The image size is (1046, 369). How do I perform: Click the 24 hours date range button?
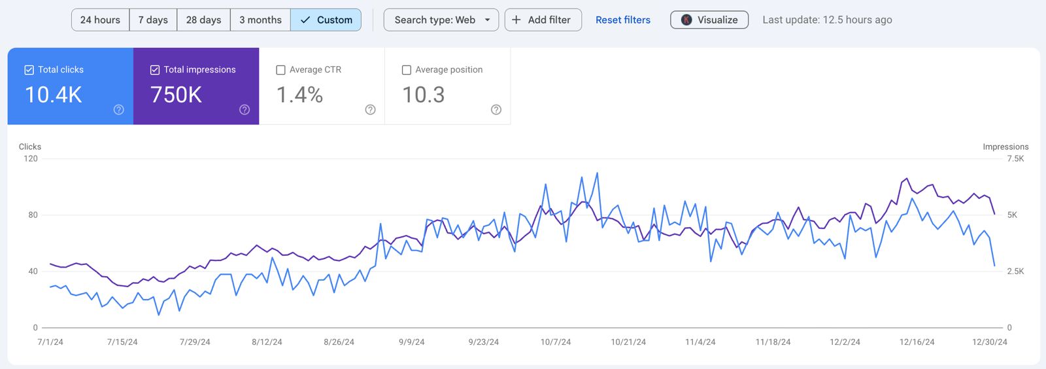(100, 20)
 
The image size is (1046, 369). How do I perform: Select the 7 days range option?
(153, 20)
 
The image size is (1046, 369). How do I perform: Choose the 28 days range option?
(203, 20)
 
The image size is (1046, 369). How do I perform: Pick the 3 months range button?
(260, 20)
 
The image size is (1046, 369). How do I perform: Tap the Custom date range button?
(326, 20)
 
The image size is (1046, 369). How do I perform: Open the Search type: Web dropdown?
(441, 20)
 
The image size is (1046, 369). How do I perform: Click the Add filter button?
(543, 20)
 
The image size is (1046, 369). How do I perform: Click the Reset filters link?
(622, 20)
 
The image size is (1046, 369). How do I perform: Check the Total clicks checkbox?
(29, 70)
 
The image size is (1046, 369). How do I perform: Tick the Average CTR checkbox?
(281, 70)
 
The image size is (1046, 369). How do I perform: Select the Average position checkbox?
(407, 70)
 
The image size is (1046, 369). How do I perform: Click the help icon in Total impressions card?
(245, 110)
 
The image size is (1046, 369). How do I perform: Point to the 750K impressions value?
(176, 95)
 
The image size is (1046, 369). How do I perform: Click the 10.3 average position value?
(423, 95)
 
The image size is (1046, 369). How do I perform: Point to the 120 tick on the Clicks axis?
(31, 158)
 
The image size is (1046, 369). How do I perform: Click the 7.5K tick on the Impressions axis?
(1015, 158)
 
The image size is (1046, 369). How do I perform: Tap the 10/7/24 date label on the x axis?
(556, 342)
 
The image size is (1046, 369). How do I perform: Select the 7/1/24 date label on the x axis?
(50, 342)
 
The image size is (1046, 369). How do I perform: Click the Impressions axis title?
(1005, 147)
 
